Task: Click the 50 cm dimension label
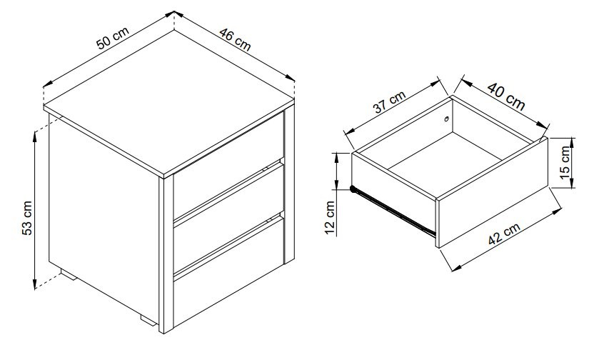tap(113, 38)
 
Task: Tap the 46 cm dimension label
tap(235, 39)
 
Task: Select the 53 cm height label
tap(27, 219)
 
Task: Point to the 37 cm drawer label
tap(389, 101)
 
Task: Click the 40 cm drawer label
tap(506, 96)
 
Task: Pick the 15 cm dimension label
tap(565, 163)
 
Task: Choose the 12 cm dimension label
tap(330, 218)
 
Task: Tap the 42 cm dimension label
tap(504, 234)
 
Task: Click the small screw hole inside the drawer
tap(447, 119)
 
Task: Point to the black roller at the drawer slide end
tap(353, 189)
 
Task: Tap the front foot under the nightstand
tap(148, 321)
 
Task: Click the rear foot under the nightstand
tap(69, 275)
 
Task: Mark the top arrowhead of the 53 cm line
tap(35, 135)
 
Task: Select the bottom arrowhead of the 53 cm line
tap(35, 284)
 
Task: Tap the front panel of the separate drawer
tap(493, 193)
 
